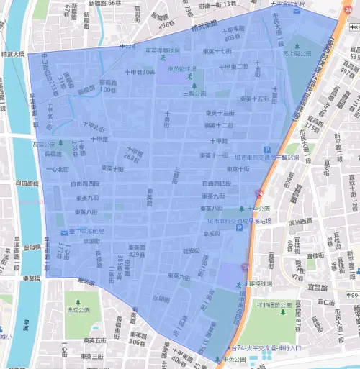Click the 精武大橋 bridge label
tap(12, 54)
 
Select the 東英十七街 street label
tap(218, 52)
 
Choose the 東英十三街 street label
tap(220, 113)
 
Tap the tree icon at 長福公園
tap(60, 143)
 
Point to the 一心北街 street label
tap(58, 169)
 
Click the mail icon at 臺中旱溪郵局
tap(63, 232)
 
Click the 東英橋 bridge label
tap(30, 278)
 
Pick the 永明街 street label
tap(161, 299)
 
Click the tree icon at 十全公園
tap(241, 208)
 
